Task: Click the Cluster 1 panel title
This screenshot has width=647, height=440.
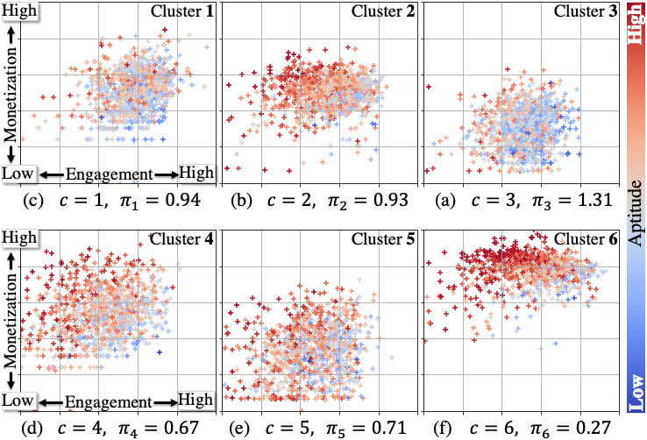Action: click(x=182, y=11)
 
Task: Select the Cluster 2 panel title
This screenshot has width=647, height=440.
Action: click(x=383, y=11)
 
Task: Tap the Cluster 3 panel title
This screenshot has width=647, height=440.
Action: click(x=586, y=11)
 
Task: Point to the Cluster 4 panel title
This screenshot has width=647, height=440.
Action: click(x=181, y=238)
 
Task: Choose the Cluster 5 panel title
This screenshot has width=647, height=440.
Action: click(x=383, y=238)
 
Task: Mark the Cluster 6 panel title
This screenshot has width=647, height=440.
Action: click(x=586, y=238)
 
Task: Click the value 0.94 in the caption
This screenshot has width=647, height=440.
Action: click(x=176, y=200)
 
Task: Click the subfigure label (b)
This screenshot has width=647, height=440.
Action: click(x=239, y=201)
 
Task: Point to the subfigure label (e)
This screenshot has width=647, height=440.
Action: click(x=239, y=428)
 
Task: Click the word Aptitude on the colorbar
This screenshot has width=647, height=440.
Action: click(x=636, y=213)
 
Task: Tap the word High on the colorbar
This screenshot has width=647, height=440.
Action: click(x=636, y=24)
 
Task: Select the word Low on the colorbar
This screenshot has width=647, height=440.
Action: click(x=636, y=393)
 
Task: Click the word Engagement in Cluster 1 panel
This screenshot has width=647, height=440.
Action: click(x=110, y=174)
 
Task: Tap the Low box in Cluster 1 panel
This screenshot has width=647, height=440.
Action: click(x=18, y=174)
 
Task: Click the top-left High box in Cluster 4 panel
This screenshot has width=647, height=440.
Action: click(x=19, y=238)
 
